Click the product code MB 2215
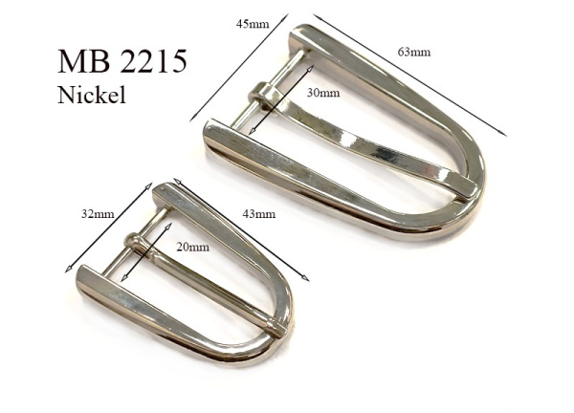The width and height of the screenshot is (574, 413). coord(122,61)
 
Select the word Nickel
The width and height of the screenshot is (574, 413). coord(92,95)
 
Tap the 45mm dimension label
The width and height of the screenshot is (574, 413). coord(253,24)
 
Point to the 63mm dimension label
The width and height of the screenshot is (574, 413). coord(414,52)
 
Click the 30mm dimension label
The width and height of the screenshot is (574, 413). coord(323,93)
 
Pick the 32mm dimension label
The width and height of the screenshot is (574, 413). coord(98,214)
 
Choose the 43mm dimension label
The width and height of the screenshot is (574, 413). coord(259,213)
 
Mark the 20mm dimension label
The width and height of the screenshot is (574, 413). coord(193,248)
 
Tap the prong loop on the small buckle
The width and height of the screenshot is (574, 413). coord(137,243)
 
